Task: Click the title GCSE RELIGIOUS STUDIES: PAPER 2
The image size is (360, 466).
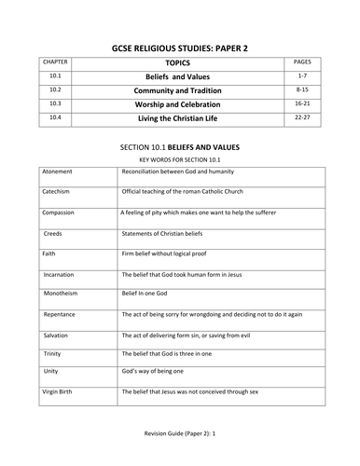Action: coord(179,44)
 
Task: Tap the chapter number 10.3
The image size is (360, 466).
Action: coord(55,103)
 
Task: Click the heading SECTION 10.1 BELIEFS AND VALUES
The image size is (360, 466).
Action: coord(179,147)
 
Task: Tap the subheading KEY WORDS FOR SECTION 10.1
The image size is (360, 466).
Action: coord(179,161)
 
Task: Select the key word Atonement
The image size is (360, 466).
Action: coord(59,173)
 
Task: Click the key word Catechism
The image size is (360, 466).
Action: coord(59,193)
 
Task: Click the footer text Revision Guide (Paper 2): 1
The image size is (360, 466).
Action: coord(179,448)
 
